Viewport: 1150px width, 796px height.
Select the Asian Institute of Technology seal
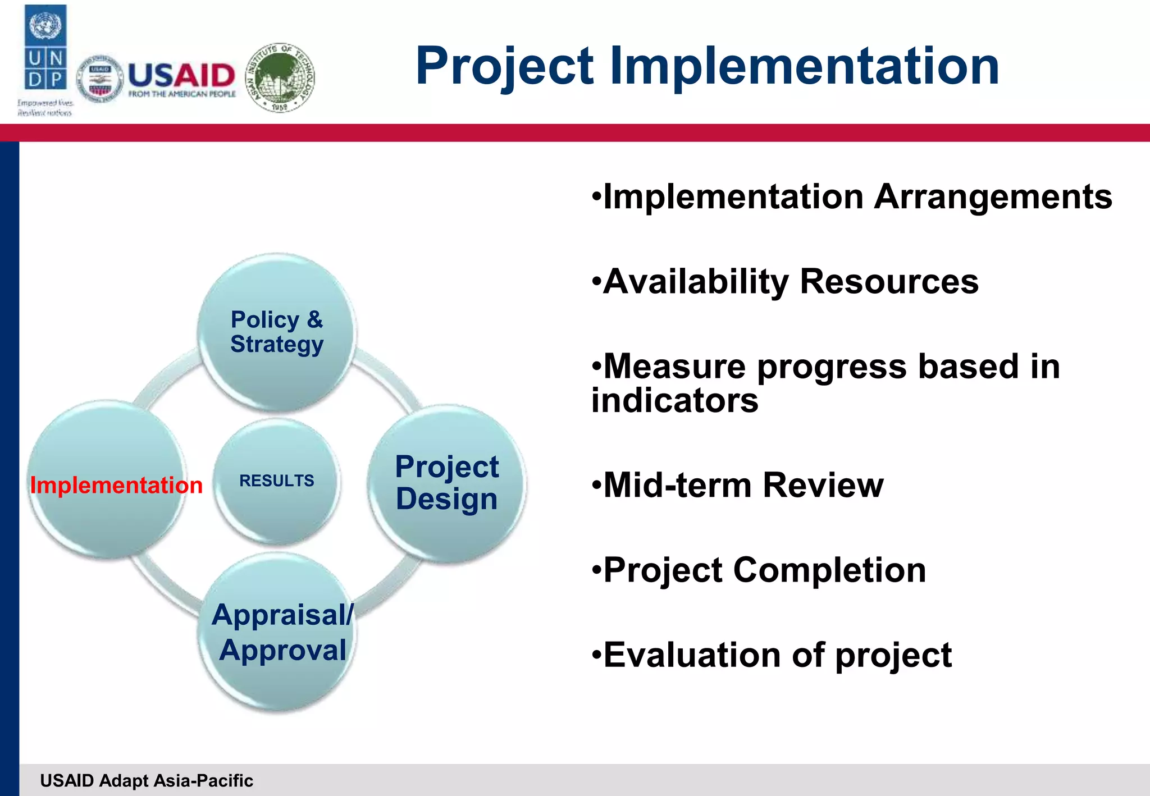(281, 77)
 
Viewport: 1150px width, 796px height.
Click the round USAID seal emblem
(100, 79)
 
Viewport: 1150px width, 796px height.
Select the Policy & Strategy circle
(277, 332)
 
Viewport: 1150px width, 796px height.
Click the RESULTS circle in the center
(277, 481)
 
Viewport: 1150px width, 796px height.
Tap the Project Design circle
(447, 483)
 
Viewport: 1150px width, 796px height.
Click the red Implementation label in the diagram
(116, 485)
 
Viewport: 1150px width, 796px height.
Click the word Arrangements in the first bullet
(993, 197)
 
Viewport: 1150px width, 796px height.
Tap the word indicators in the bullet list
(674, 401)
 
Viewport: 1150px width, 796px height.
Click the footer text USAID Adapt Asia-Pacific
(147, 780)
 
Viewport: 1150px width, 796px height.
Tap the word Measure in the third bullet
(674, 367)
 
